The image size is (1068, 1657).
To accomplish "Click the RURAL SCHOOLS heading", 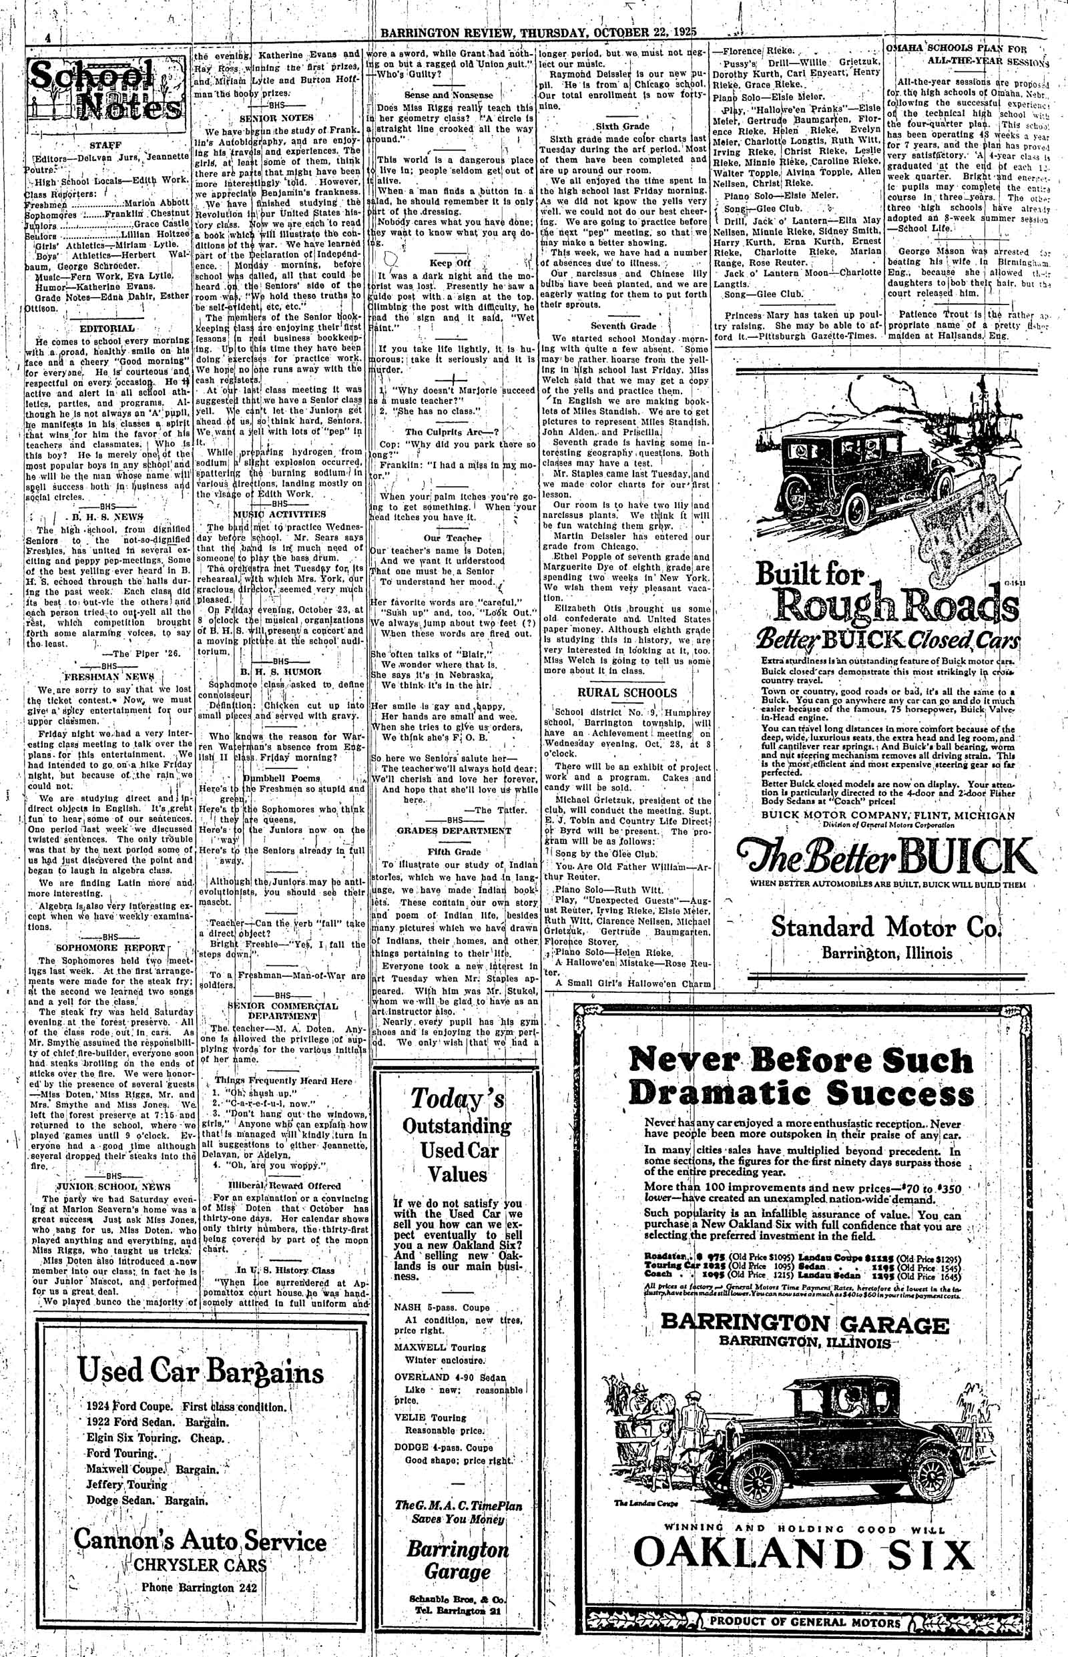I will [627, 692].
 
